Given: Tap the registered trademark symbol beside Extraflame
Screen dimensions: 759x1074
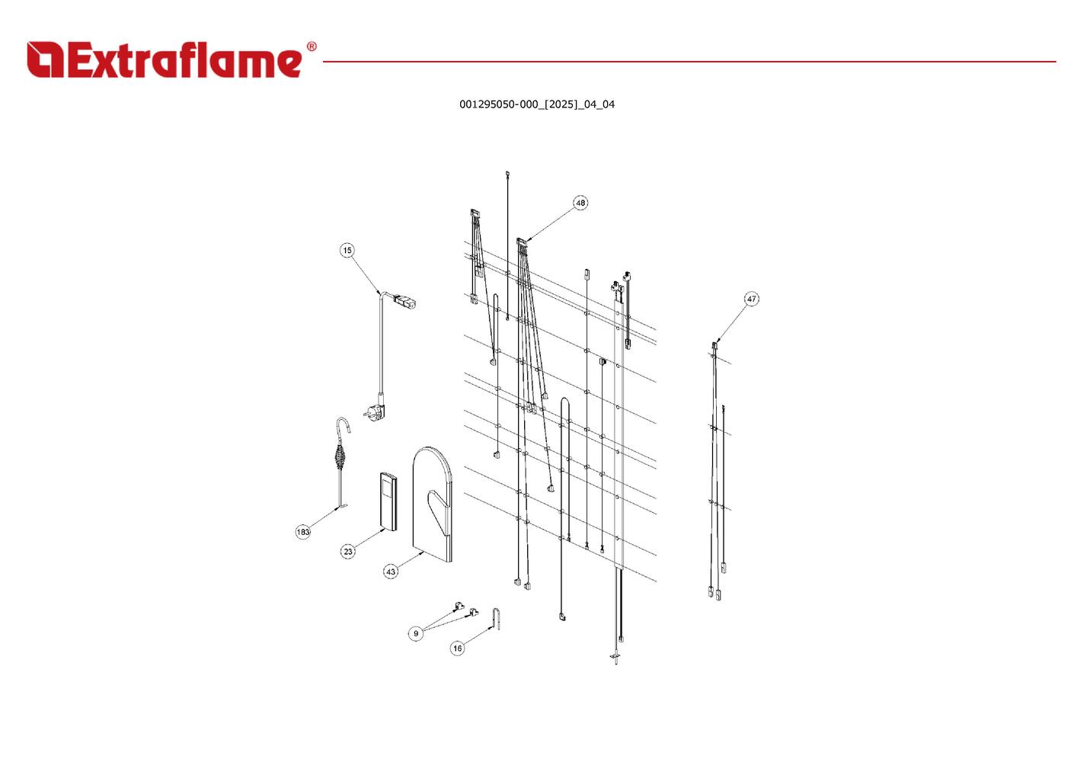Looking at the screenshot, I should click(x=311, y=47).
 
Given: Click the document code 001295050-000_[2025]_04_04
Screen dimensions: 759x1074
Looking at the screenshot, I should click(x=536, y=104).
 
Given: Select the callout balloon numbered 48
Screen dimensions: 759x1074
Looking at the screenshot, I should click(x=580, y=203).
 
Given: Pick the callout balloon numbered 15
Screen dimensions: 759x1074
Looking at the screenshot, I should click(x=347, y=250).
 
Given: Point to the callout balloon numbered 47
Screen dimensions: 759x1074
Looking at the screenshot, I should click(x=752, y=299).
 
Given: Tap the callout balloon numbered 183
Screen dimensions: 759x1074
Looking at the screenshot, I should click(x=303, y=531).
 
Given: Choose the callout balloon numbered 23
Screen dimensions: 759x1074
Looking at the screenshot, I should click(x=348, y=551).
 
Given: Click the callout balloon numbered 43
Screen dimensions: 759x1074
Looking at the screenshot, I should click(x=391, y=571).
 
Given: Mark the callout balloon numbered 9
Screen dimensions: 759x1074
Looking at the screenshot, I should click(x=416, y=633).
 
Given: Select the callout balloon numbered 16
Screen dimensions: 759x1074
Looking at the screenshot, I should click(x=457, y=649).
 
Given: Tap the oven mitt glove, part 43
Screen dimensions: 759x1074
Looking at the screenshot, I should click(x=432, y=503).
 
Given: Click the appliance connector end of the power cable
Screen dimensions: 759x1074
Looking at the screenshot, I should click(x=404, y=301).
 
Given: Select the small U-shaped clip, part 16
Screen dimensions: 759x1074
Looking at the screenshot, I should click(x=497, y=619).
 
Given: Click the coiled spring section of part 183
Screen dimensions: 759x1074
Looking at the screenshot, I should click(x=340, y=457).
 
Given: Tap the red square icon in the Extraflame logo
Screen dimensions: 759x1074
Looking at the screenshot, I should click(x=45, y=60).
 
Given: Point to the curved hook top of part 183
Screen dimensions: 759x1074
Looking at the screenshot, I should click(x=344, y=423).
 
